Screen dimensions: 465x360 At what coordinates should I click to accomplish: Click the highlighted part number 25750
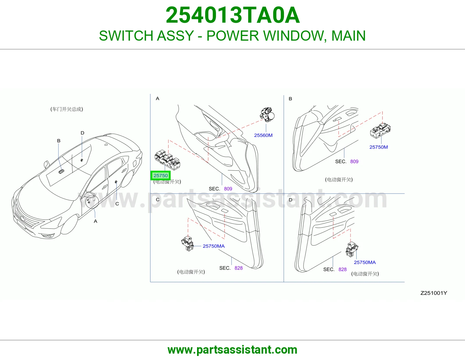tap(160, 176)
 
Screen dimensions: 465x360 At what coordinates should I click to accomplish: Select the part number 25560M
tap(263, 135)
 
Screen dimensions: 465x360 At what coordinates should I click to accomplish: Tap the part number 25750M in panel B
tap(379, 147)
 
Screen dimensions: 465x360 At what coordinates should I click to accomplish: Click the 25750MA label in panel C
tap(214, 246)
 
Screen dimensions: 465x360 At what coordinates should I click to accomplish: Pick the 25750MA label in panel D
tap(365, 262)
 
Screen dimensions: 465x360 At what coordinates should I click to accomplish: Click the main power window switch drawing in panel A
tap(167, 160)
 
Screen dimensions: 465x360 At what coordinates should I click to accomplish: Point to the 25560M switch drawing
tap(267, 115)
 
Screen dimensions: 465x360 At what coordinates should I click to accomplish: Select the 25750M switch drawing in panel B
tap(380, 130)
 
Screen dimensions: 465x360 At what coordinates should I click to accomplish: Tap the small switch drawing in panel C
tap(187, 243)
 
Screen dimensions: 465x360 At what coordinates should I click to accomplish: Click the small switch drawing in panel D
tap(352, 249)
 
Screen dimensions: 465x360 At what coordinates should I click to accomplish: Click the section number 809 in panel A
tap(228, 189)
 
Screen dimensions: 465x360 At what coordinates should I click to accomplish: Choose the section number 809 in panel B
tap(354, 161)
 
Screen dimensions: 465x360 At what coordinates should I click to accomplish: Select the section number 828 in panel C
tap(238, 268)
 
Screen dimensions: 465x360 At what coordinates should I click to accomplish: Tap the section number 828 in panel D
tap(342, 269)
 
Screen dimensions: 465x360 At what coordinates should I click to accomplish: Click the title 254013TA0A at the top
tap(233, 15)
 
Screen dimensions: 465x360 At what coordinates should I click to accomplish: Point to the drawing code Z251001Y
tap(434, 293)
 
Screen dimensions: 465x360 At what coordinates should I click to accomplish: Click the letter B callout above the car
tap(59, 141)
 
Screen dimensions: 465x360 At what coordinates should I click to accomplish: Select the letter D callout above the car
tap(82, 133)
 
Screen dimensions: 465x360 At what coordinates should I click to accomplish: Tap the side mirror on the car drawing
tap(46, 164)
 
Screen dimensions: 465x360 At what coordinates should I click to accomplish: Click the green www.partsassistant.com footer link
tap(233, 350)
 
